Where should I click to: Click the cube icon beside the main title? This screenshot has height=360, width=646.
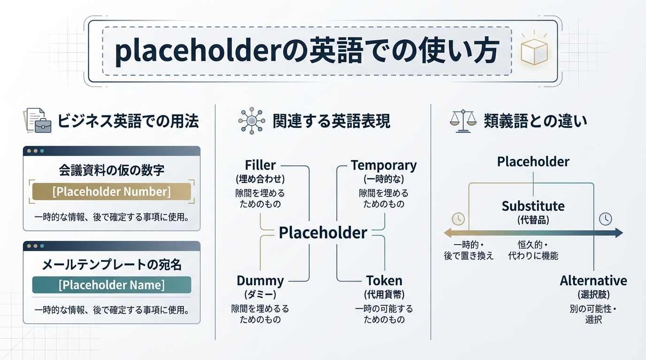534,51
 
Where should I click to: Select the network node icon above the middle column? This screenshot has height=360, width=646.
251,121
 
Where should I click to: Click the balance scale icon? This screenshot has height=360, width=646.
461,121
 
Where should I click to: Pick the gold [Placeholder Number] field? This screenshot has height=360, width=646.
111,192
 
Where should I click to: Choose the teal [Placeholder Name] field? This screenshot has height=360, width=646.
111,285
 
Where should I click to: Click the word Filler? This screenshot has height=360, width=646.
260,165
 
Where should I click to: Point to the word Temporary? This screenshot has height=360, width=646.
384,165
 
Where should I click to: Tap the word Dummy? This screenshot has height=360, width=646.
260,281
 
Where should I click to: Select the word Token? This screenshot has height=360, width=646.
384,281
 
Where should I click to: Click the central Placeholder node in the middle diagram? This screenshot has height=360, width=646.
323,232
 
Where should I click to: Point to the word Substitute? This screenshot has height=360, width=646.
533,206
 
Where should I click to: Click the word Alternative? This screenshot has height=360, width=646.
593,281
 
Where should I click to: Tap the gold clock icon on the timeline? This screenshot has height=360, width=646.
458,219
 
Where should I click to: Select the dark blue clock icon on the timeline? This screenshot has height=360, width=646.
605,218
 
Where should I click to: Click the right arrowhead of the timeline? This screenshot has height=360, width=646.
618,233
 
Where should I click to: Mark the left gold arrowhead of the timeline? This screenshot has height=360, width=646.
447,233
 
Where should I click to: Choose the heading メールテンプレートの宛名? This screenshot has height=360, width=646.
111,265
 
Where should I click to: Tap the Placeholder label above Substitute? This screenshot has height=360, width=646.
533,162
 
